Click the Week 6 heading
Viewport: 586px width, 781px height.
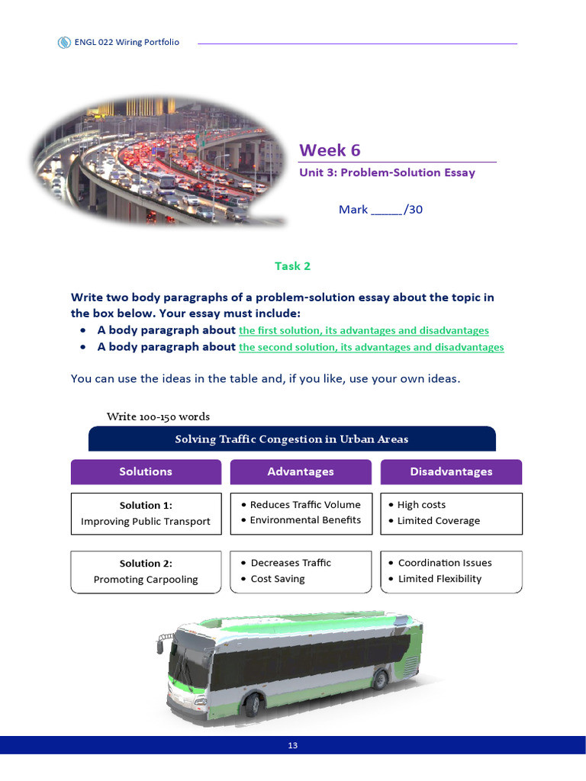click(330, 150)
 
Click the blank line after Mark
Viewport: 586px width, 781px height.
click(386, 211)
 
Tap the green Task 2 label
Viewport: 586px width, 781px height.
click(292, 266)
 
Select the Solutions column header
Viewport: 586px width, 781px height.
click(145, 472)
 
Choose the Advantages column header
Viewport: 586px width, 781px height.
click(300, 472)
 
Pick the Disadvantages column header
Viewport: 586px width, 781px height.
click(451, 472)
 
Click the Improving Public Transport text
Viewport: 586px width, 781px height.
click(145, 522)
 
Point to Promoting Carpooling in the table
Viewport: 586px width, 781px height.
click(145, 580)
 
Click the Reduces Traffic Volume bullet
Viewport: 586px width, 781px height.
click(304, 505)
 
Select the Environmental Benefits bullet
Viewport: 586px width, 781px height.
click(304, 520)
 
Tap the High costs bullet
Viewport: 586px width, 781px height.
click(421, 505)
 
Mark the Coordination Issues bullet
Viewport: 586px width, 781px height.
click(444, 563)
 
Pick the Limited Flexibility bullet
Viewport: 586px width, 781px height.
click(439, 579)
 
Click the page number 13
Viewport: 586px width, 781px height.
click(293, 746)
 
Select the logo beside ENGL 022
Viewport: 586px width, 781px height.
click(64, 43)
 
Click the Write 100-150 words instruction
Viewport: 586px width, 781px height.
click(158, 416)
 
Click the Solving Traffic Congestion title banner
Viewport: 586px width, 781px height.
click(291, 439)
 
